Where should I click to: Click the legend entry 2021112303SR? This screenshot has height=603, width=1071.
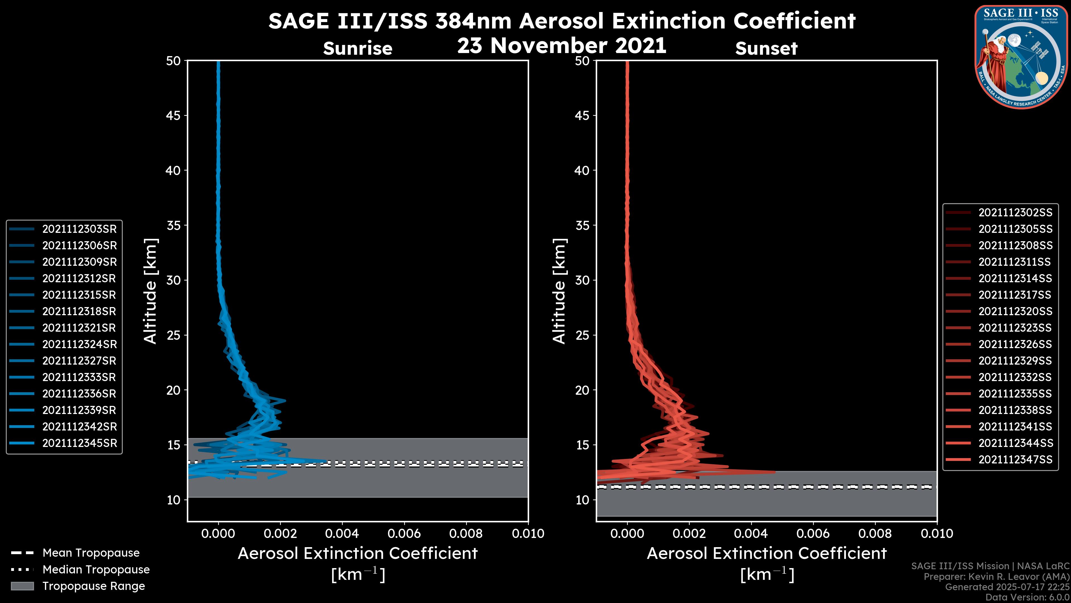(x=79, y=229)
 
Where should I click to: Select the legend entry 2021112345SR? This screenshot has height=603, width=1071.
(x=79, y=443)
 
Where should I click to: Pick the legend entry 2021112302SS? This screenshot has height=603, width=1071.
(x=1015, y=213)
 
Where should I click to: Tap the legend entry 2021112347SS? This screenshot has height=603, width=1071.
(x=1015, y=460)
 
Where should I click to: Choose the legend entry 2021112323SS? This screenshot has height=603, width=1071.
(x=1015, y=328)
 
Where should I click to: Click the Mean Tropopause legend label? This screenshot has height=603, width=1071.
(x=91, y=553)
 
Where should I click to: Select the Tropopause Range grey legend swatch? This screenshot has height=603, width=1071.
(x=22, y=586)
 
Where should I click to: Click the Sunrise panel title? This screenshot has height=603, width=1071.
(x=358, y=48)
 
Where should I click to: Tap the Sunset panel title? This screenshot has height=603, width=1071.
(x=766, y=48)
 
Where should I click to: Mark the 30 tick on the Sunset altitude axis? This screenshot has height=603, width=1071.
(x=582, y=280)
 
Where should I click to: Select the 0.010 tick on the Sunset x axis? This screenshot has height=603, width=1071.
(x=937, y=533)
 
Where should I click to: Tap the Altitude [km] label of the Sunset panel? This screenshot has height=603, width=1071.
(x=559, y=291)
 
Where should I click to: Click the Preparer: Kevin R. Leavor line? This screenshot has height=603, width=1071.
(x=996, y=577)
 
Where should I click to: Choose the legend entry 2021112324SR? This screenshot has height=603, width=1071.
(x=79, y=344)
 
